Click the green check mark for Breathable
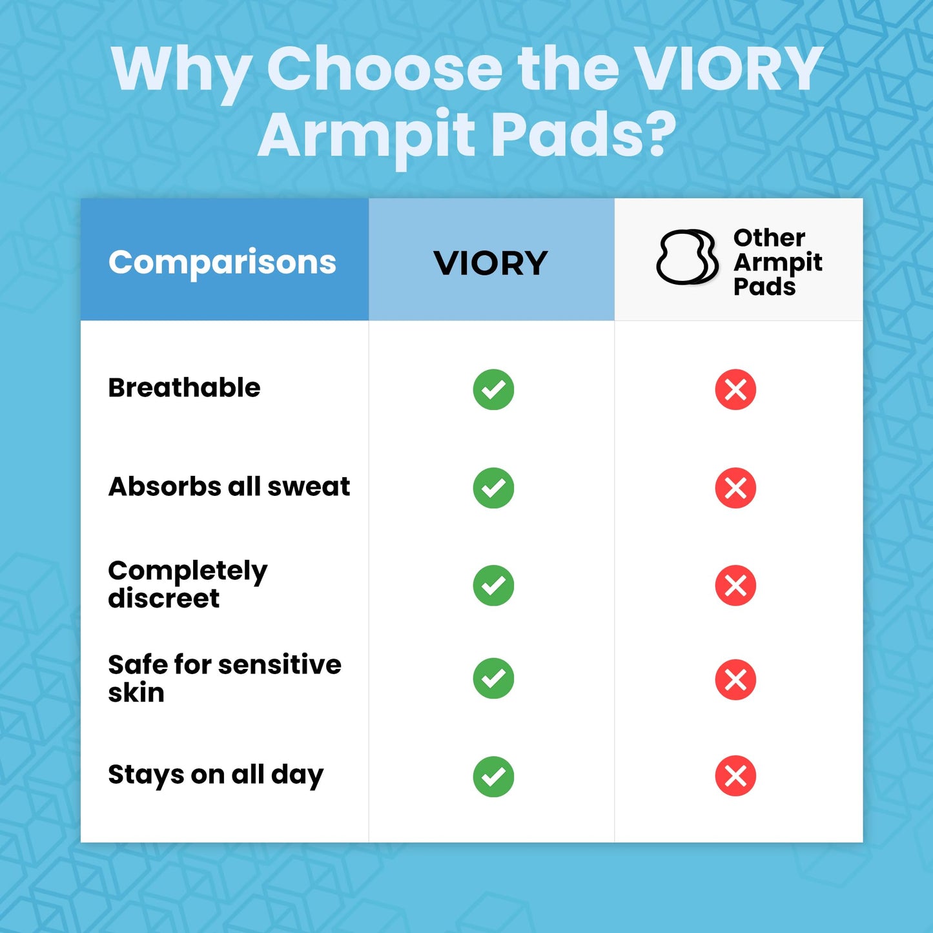pyautogui.click(x=493, y=390)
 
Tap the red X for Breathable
pyautogui.click(x=735, y=390)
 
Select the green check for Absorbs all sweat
pyautogui.click(x=493, y=488)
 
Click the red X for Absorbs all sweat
pyautogui.click(x=735, y=488)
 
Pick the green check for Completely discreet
pyautogui.click(x=493, y=586)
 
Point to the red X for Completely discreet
pyautogui.click(x=735, y=586)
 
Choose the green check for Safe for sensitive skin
pyautogui.click(x=493, y=679)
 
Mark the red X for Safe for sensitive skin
pyautogui.click(x=735, y=679)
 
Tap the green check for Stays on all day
pyautogui.click(x=493, y=776)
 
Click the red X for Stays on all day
pyautogui.click(x=735, y=775)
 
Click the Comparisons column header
pyautogui.click(x=222, y=262)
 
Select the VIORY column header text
pyautogui.click(x=491, y=263)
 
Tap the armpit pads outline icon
pyautogui.click(x=687, y=257)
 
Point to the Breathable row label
pyautogui.click(x=184, y=388)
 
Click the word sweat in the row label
pyautogui.click(x=309, y=487)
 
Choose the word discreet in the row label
pyautogui.click(x=164, y=599)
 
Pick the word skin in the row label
pyautogui.click(x=136, y=693)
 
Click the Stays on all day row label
pyautogui.click(x=216, y=775)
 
